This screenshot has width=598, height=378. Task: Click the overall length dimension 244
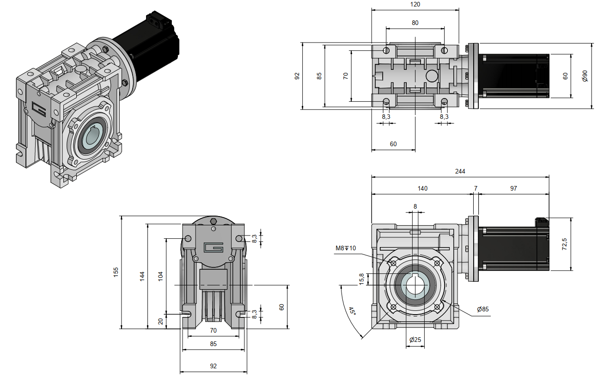point(460,171)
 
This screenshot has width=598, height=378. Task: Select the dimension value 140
point(422,188)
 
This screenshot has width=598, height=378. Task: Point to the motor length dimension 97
point(513,188)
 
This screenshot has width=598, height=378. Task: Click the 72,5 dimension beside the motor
point(564,244)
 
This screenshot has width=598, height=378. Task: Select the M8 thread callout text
point(346,248)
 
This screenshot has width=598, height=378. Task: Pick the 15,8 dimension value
point(362,279)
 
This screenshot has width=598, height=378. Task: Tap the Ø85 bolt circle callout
point(483,309)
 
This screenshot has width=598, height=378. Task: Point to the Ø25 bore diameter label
point(415,340)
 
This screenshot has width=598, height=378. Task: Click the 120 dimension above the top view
point(415,4)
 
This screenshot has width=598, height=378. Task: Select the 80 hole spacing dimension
point(415,22)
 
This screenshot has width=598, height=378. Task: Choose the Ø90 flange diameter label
point(585,76)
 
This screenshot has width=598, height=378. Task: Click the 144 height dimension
point(142,276)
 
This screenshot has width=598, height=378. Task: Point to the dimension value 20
point(160,321)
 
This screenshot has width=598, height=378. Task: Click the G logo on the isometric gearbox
point(39,109)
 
